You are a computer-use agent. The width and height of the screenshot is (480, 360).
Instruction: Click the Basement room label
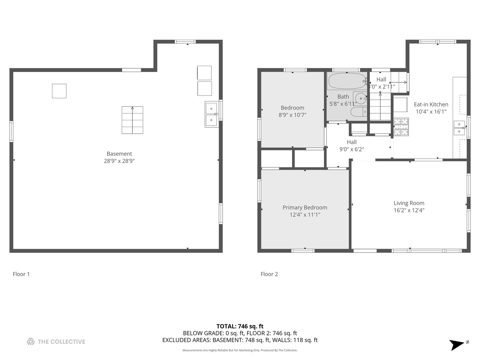[119, 154]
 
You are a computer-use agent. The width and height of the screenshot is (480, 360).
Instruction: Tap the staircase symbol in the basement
[132, 120]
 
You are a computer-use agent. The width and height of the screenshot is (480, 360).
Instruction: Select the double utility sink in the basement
[211, 114]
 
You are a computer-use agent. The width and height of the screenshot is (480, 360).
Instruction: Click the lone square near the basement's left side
[59, 91]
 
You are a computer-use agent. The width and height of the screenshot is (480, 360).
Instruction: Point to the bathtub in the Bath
[347, 81]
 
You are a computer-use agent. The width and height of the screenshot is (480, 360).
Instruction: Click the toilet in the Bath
[358, 112]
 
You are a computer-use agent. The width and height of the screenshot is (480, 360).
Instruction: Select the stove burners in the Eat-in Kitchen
[401, 127]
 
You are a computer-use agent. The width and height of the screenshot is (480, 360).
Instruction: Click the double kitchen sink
[459, 128]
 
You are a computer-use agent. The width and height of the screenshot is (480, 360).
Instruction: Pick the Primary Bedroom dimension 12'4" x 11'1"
[305, 215]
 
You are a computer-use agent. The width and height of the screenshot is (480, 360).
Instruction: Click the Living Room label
[409, 203]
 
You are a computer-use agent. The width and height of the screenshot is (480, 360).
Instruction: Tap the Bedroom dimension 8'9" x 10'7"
[292, 115]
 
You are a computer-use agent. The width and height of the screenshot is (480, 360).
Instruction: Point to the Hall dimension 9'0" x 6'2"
[351, 149]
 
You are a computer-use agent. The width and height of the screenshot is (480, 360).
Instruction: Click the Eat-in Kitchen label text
[431, 104]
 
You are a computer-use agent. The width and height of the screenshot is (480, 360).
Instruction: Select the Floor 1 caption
[21, 274]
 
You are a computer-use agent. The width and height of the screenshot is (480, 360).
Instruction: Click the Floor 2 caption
[269, 274]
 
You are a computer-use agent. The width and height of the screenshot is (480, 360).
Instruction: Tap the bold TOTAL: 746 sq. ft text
[240, 326]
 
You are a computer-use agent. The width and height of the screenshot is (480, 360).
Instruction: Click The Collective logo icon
[31, 341]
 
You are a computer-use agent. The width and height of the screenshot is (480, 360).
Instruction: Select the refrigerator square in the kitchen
[400, 105]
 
